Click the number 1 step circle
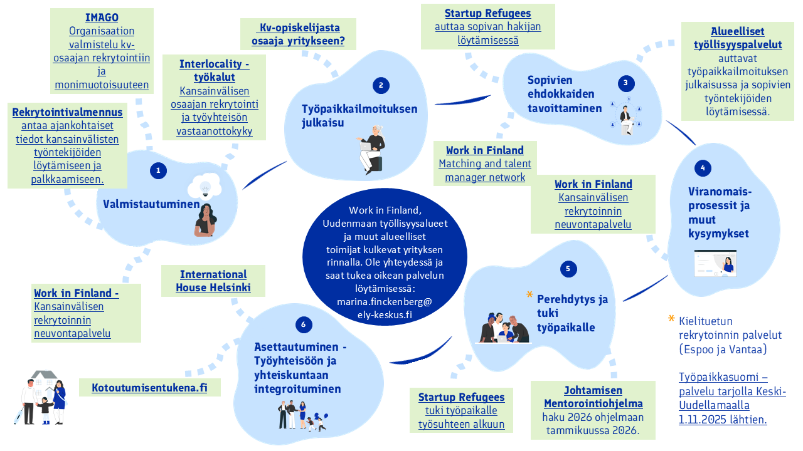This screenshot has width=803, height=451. [x=158, y=170]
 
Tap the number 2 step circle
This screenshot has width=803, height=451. [x=380, y=86]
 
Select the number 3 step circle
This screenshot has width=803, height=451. [x=625, y=83]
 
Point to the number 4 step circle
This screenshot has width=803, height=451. [x=703, y=168]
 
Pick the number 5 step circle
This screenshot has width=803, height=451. [x=568, y=269]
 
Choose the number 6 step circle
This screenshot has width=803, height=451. [x=304, y=324]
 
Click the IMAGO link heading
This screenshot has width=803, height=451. [x=102, y=18]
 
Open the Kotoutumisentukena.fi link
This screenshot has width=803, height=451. [x=149, y=388]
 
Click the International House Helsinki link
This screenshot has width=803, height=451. [x=213, y=281]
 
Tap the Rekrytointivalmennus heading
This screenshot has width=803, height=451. [x=68, y=112]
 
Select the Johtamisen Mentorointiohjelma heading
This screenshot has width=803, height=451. [x=593, y=397]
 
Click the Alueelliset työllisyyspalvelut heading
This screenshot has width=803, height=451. [x=738, y=38]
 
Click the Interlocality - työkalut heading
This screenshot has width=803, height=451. [x=215, y=70]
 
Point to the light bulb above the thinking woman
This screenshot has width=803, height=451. [x=204, y=187]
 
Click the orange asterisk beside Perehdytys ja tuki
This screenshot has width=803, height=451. [x=529, y=294]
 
